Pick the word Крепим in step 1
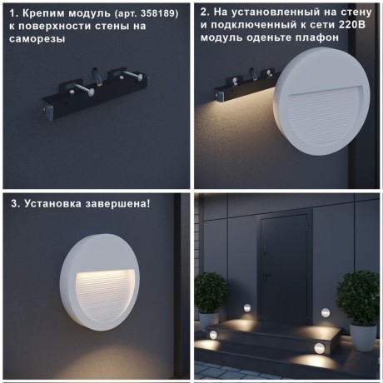pyautogui.click(x=41, y=13)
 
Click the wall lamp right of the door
pyautogui.click(x=325, y=312)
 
